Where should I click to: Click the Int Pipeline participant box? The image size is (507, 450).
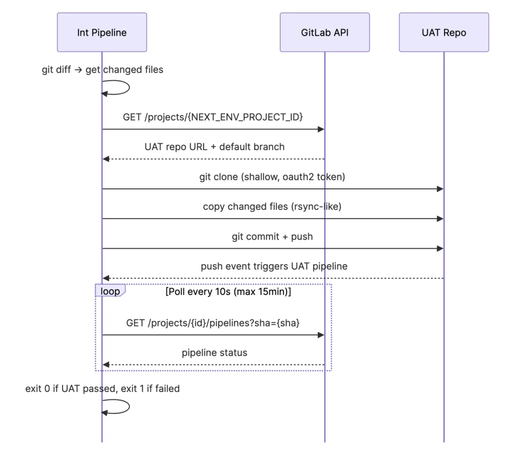102,32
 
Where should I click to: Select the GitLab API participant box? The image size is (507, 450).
325,32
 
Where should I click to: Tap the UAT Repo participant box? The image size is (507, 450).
444,32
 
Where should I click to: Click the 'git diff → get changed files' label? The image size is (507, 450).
102,69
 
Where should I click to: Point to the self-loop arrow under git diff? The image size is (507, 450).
129,87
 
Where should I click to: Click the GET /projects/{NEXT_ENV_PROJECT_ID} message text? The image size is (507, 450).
213,117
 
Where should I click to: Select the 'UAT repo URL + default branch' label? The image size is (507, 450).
214,147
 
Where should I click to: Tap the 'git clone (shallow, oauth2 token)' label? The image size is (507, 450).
272,177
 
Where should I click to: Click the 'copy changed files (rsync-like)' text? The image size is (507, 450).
272,207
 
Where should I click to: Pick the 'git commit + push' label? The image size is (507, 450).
272,237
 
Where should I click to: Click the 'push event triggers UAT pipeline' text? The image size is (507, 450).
274,266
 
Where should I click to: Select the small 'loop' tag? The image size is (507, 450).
110,291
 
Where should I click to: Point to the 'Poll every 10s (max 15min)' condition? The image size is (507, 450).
228,291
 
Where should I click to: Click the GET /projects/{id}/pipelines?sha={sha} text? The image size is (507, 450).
213,323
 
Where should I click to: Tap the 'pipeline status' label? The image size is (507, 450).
214,352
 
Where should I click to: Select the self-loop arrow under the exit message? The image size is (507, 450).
129,406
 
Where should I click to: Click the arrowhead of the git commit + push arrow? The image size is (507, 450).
440,249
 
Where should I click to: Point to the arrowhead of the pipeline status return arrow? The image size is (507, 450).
106,365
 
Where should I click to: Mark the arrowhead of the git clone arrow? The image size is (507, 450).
440,189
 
